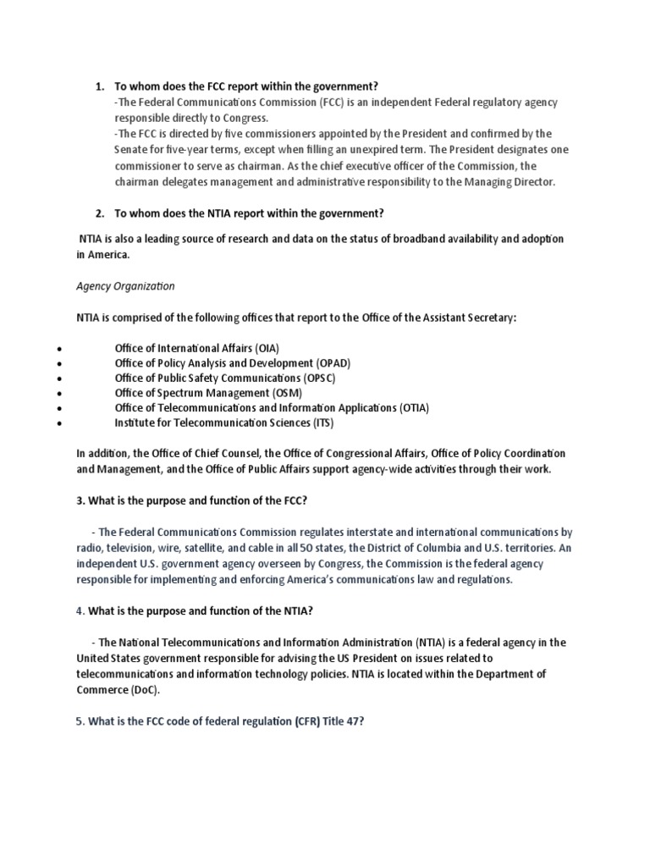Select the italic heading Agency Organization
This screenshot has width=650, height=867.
pos(125,286)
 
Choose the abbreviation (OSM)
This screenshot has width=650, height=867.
pos(286,393)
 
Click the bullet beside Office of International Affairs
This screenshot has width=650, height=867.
pos(57,349)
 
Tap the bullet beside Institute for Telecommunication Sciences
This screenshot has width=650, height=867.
pos(57,423)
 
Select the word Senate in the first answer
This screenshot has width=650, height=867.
pos(131,150)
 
